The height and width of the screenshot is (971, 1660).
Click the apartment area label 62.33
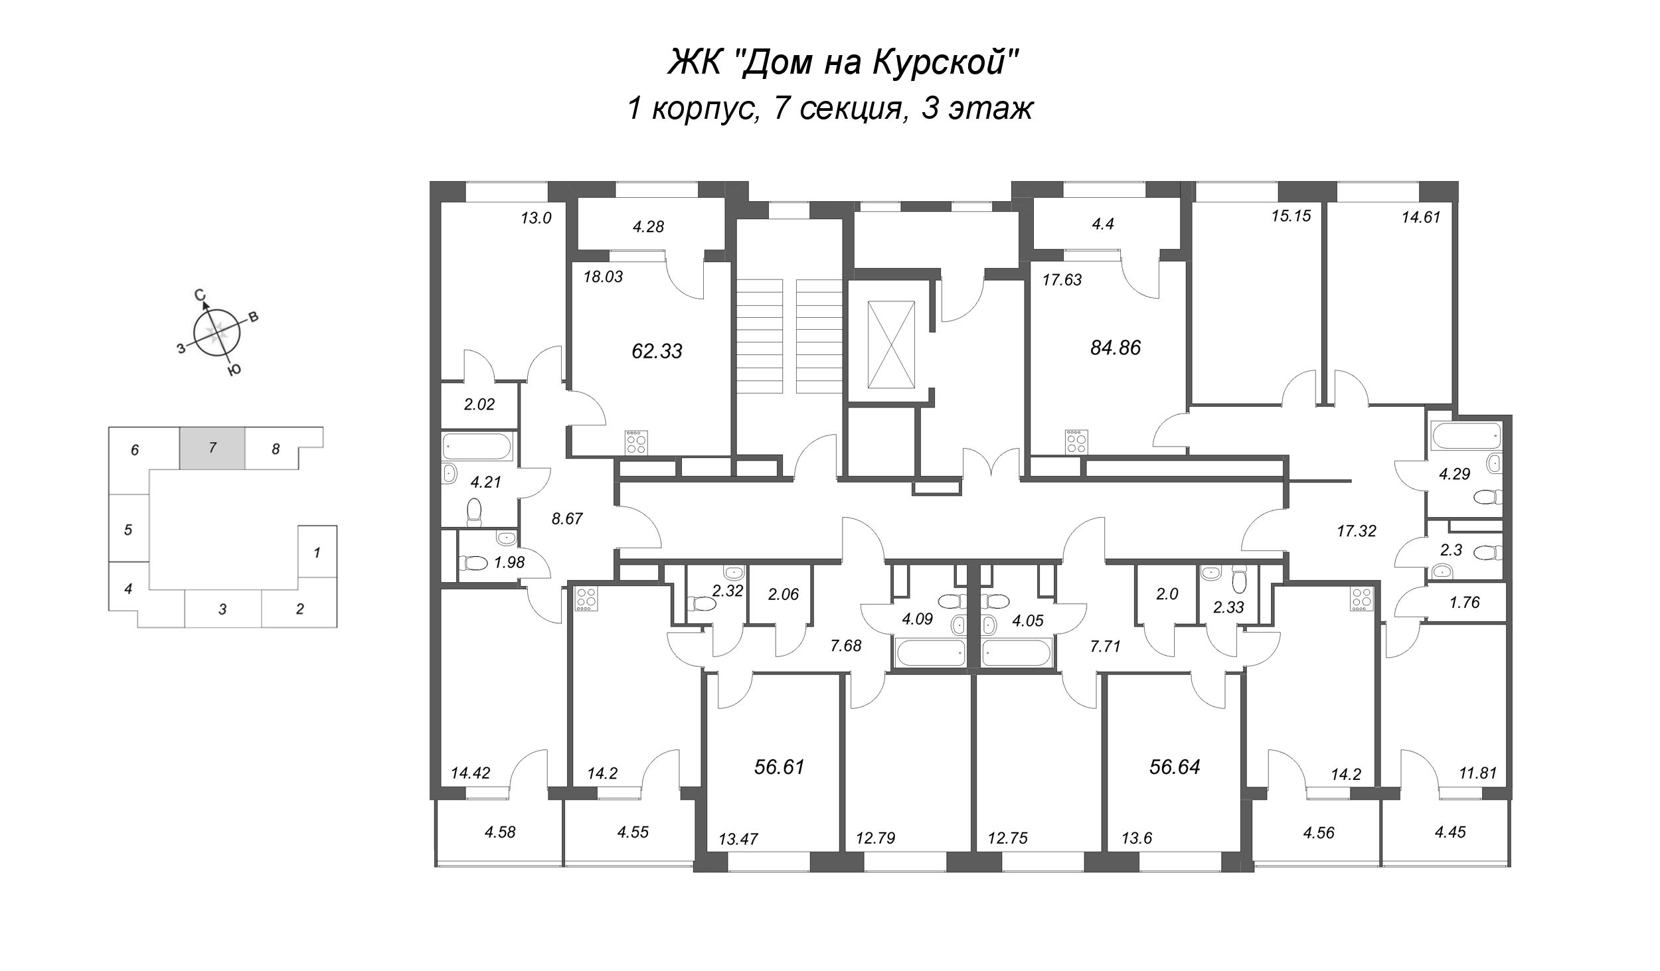[657, 351]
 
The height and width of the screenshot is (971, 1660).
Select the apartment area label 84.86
[1116, 348]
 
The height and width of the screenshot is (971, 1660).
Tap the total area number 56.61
[780, 767]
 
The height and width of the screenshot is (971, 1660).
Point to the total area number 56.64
[1175, 767]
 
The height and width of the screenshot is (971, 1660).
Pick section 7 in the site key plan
[212, 448]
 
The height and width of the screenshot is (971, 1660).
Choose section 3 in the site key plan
[223, 609]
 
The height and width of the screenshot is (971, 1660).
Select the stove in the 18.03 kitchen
[635, 442]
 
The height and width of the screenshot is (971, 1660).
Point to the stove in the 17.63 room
[1076, 442]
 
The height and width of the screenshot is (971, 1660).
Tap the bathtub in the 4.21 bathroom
[477, 446]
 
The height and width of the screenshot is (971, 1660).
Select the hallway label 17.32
[1356, 531]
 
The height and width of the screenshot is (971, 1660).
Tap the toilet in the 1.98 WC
[475, 563]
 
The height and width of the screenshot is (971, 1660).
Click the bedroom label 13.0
[536, 218]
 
